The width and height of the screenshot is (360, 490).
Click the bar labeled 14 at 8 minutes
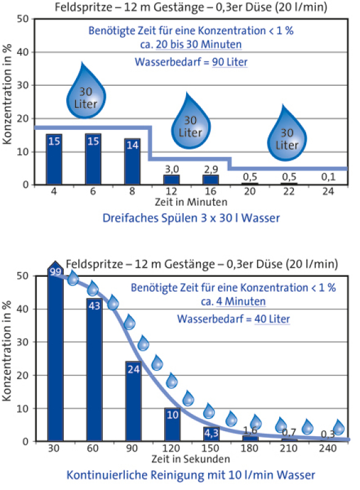click(132, 161)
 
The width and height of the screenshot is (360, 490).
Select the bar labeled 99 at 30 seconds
click(55, 355)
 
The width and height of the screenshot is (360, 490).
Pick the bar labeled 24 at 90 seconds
click(133, 401)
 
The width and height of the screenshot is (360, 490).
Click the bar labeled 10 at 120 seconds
click(173, 424)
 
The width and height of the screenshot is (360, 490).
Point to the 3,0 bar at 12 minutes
click(171, 179)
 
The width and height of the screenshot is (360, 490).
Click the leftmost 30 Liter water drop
click(86, 96)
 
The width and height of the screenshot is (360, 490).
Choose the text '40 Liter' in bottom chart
click(271, 319)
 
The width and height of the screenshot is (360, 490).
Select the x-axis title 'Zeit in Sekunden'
click(191, 459)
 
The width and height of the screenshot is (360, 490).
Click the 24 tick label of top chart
click(329, 192)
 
